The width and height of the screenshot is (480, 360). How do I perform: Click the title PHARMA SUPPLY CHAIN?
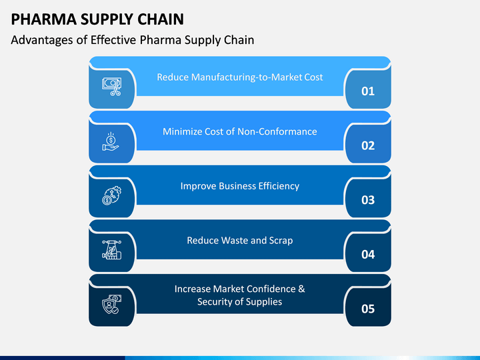(x=97, y=19)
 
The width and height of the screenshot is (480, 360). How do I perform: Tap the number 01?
(x=368, y=91)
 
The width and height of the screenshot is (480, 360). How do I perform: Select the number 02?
(x=368, y=146)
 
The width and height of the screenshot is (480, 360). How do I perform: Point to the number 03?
(x=368, y=200)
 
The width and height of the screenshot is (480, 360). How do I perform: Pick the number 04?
(x=368, y=255)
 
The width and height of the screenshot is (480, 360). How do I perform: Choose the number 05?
(x=368, y=309)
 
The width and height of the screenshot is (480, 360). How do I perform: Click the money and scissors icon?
(x=112, y=87)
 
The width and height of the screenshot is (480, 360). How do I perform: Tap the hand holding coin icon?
(x=111, y=141)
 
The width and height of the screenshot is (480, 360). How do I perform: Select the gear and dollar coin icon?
(x=112, y=195)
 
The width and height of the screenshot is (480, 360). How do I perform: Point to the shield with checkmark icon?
(x=112, y=304)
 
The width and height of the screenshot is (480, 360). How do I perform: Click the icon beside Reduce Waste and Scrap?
(x=112, y=250)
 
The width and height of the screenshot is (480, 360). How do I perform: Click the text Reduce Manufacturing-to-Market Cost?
(x=240, y=77)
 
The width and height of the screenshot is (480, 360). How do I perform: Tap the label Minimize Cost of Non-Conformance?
(x=240, y=131)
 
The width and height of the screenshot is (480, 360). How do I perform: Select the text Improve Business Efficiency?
(x=240, y=186)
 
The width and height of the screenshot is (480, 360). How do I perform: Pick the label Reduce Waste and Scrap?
(x=240, y=241)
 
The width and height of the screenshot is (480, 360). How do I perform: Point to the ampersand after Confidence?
(x=301, y=289)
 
